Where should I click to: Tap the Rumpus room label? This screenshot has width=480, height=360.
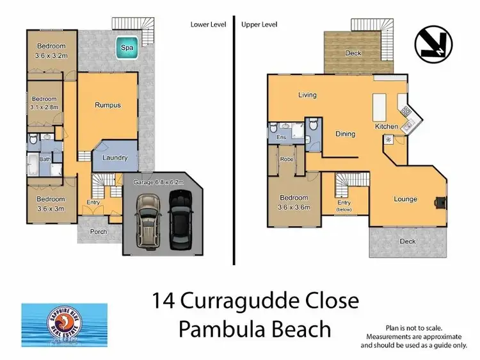pyautogui.click(x=108, y=105)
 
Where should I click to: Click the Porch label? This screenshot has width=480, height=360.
pyautogui.click(x=98, y=232)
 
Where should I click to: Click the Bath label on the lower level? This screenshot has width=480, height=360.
pyautogui.click(x=44, y=160)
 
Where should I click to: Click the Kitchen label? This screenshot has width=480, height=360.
pyautogui.click(x=386, y=127)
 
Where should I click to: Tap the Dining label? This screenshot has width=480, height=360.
pyautogui.click(x=345, y=134)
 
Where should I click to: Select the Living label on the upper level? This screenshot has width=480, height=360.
pyautogui.click(x=307, y=95)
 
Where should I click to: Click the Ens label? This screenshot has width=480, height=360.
pyautogui.click(x=280, y=137)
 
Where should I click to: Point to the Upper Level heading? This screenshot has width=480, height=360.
pyautogui.click(x=259, y=24)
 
